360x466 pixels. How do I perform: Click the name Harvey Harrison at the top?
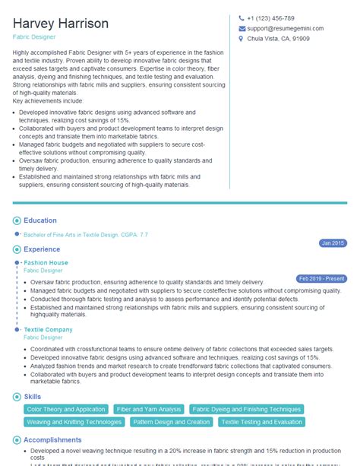(60, 23)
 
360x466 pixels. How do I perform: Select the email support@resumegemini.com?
(284, 27)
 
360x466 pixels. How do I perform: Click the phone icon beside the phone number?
(241, 18)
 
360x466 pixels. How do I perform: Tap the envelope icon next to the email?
(241, 27)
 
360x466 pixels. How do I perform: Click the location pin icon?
(241, 37)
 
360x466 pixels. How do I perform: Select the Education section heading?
(39, 220)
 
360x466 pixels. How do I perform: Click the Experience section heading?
(42, 249)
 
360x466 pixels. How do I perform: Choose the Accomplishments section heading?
(52, 439)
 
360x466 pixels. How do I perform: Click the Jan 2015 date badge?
(333, 243)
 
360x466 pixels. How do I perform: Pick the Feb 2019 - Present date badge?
(321, 278)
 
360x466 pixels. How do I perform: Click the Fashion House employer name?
(46, 263)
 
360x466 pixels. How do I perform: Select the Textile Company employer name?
(49, 329)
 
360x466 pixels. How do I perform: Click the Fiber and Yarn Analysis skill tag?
(148, 409)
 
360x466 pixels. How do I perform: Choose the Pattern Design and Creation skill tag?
(171, 422)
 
